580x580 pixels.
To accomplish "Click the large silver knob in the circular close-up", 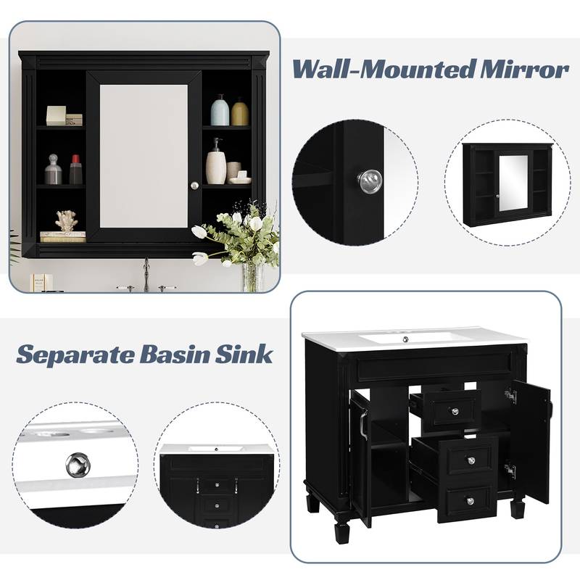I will (x=370, y=181).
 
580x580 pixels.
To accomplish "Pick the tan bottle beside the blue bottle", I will (x=240, y=112).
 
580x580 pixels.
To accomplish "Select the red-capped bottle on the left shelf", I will (x=76, y=170).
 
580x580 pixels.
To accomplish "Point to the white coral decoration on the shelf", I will (x=66, y=220).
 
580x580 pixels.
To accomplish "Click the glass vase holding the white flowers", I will (x=251, y=275).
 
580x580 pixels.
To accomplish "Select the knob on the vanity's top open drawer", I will (x=455, y=411).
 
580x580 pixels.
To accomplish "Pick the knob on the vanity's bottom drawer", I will (x=469, y=501).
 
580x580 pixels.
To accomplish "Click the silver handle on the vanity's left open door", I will (x=360, y=424).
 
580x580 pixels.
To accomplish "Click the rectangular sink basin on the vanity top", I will (x=409, y=337).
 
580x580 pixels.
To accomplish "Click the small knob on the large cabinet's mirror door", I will (x=194, y=186).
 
